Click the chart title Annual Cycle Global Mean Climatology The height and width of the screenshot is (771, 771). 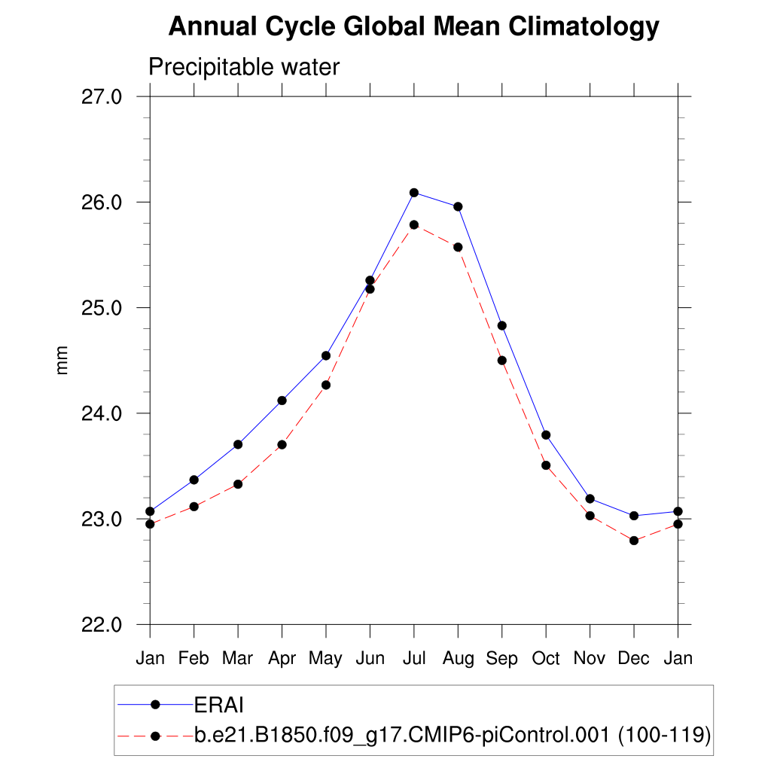point(413,27)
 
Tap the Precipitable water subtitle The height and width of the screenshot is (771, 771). point(244,67)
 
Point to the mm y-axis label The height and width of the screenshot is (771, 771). point(62,360)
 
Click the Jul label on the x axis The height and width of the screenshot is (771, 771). point(414,659)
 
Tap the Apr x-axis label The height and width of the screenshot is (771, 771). point(282,659)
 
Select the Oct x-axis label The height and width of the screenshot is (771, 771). point(546,659)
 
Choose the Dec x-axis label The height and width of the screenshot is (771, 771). point(634,659)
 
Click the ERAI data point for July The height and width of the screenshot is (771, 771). point(414,193)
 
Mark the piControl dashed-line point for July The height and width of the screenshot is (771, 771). point(414,224)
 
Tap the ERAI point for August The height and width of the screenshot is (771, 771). point(458,206)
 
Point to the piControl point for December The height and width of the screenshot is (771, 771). point(634,541)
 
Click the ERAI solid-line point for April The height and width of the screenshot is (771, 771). point(282,401)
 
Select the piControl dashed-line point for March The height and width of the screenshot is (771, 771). point(238,484)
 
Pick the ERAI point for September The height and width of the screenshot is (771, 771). point(502,325)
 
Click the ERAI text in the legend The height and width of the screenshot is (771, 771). point(220,705)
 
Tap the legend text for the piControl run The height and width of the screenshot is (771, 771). point(453,736)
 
